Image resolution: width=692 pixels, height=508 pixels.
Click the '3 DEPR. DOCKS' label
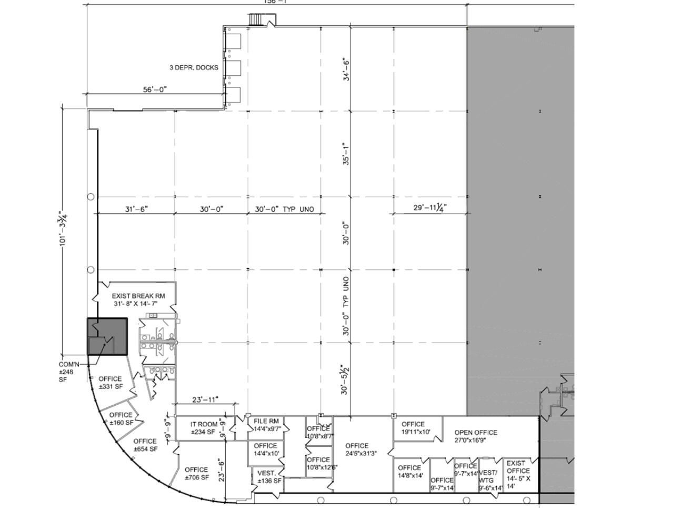[193, 67]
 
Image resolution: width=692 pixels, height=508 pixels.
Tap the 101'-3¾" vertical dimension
[64, 229]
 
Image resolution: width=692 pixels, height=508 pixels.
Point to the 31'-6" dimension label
[136, 209]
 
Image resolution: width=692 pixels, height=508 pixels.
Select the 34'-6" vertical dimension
[346, 69]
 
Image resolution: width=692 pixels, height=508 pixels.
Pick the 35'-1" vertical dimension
[346, 153]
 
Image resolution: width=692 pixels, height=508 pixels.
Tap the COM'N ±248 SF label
[67, 372]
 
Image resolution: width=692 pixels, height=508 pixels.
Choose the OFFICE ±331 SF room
[110, 383]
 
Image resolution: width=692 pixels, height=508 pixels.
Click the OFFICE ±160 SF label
[121, 418]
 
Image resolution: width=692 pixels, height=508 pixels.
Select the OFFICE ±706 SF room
[196, 473]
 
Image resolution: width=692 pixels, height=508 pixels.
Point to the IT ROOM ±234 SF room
[204, 428]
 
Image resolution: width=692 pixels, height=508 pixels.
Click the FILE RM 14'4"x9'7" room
[266, 425]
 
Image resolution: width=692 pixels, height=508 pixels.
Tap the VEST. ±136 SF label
[269, 477]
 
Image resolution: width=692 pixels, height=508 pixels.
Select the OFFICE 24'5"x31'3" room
[357, 449]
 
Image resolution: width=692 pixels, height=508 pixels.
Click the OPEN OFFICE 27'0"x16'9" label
[476, 436]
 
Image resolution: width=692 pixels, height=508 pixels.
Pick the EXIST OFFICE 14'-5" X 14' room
[518, 474]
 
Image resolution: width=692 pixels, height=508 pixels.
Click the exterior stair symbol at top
[256, 20]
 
